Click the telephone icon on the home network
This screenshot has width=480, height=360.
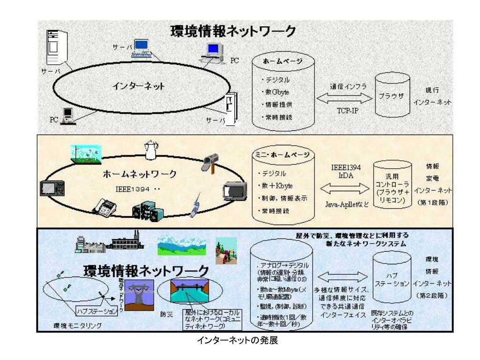click(107, 205)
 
